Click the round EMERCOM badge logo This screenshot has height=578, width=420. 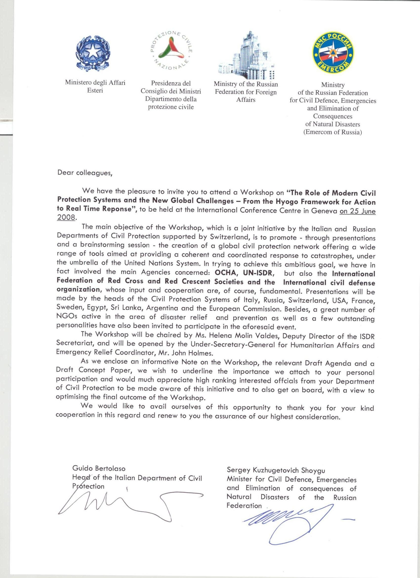tap(333, 54)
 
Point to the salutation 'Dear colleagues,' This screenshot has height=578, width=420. tap(84, 173)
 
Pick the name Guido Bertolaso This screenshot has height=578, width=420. tap(99, 468)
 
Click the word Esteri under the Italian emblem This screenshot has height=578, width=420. tap(95, 91)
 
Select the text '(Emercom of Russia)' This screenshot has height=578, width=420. tap(333, 132)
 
